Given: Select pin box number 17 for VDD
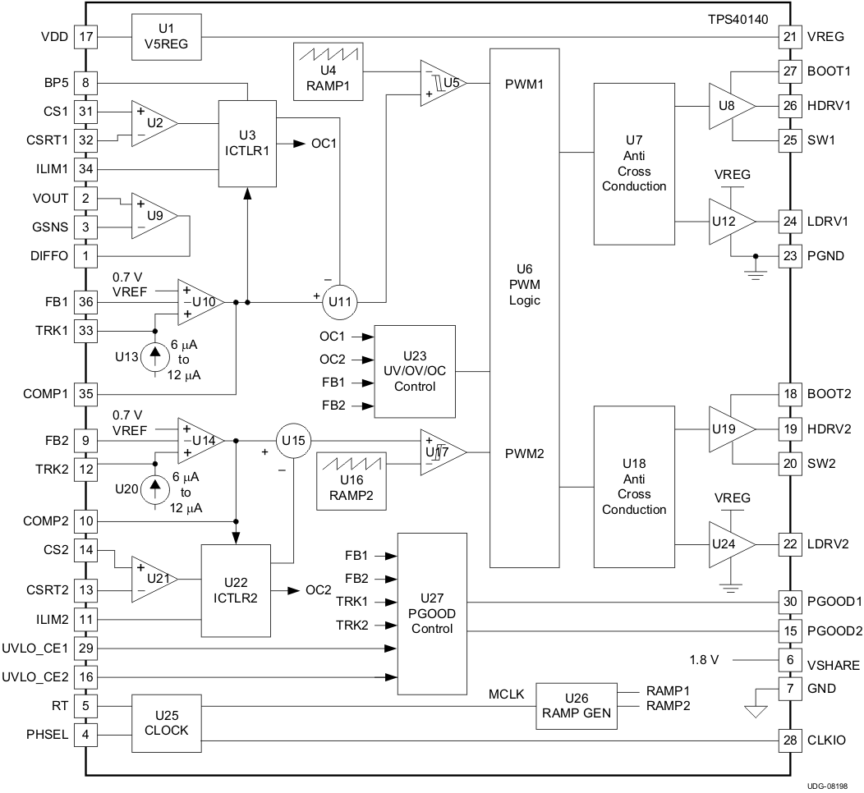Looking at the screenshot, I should click(85, 37).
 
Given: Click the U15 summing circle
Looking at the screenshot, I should click(291, 441).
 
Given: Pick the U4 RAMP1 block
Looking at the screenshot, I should click(328, 72).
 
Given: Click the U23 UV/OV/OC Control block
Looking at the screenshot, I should click(415, 371).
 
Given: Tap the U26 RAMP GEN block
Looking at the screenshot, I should click(577, 705).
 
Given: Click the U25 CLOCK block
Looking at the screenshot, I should click(168, 722).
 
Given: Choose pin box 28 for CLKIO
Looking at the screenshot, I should click(789, 741).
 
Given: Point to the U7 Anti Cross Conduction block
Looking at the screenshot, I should click(634, 171).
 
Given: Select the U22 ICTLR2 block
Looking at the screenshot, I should click(237, 589).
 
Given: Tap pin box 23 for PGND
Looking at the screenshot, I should click(789, 255).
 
